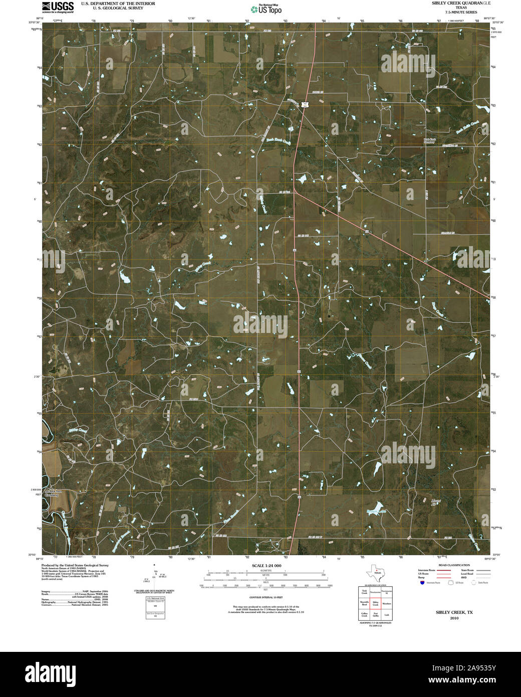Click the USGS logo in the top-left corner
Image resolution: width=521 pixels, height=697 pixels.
pyautogui.click(x=58, y=7)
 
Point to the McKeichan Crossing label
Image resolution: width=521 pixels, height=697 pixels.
pyautogui.click(x=52, y=492)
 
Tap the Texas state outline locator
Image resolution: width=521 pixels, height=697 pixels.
pyautogui.click(x=375, y=571)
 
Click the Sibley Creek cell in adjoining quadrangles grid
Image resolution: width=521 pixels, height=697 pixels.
pyautogui.click(x=375, y=604)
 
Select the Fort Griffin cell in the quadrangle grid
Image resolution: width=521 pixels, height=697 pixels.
pyautogui.click(x=375, y=614)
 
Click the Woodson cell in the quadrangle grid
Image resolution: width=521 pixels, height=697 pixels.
pyautogui.click(x=386, y=604)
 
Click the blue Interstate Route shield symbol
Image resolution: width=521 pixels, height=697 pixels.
pyautogui.click(x=422, y=583)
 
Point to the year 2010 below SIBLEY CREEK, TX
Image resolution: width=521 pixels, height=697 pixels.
pyautogui.click(x=454, y=618)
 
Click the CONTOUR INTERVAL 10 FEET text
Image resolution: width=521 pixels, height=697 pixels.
pyautogui.click(x=266, y=598)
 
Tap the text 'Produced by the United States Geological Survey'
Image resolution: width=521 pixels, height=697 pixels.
pyautogui.click(x=75, y=565)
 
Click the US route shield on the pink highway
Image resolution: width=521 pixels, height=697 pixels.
pyautogui.click(x=305, y=104)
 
